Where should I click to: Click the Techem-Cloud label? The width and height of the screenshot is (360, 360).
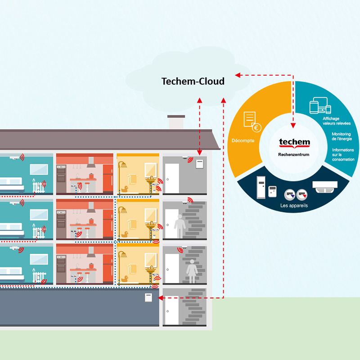(x=193, y=81)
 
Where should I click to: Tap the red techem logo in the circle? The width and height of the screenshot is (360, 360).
(x=294, y=143)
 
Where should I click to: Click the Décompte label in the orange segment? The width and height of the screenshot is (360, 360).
(x=243, y=140)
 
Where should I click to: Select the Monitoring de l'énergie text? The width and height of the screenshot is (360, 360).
(x=342, y=136)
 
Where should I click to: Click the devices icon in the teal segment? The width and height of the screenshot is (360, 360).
(x=320, y=107)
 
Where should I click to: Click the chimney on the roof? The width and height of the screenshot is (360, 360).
(x=176, y=122)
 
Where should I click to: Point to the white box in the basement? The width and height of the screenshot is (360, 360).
(x=148, y=297)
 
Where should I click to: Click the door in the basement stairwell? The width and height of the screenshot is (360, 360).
(x=171, y=311)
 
